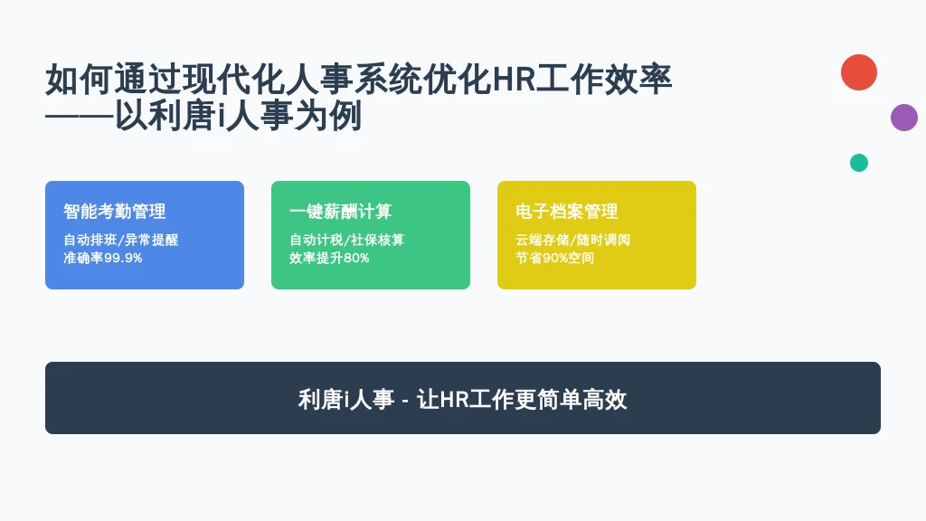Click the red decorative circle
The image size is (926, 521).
click(859, 72)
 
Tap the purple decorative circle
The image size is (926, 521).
click(904, 118)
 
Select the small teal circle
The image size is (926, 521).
click(859, 163)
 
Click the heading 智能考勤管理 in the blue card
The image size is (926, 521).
click(115, 211)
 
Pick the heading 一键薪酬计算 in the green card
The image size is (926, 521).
click(341, 211)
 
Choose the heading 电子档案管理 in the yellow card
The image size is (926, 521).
click(567, 211)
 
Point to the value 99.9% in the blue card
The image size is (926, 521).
click(123, 258)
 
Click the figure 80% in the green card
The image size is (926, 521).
click(356, 258)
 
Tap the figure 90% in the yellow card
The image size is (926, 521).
click(555, 258)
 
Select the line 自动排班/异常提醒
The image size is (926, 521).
click(121, 240)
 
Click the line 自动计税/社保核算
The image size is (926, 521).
click(347, 240)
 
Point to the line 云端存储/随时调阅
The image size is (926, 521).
click(572, 240)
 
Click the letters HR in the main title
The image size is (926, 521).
click(514, 80)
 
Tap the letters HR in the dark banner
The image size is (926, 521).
click(454, 400)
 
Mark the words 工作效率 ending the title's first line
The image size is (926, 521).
click(604, 80)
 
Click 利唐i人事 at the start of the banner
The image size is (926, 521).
click(346, 399)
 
